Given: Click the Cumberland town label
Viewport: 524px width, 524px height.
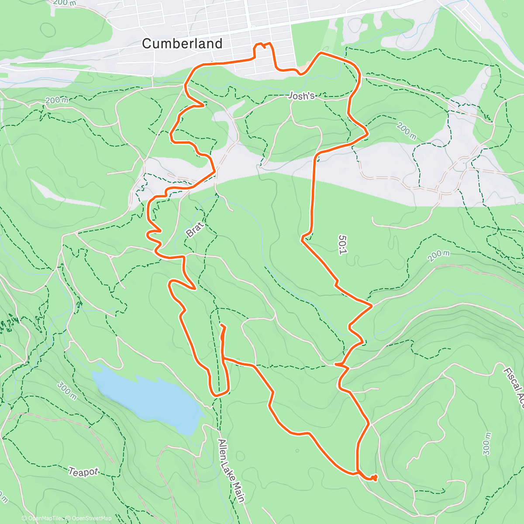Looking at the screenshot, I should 182,44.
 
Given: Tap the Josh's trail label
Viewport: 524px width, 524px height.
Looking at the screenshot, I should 302,96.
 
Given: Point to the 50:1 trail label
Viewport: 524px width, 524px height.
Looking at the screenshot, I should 343,245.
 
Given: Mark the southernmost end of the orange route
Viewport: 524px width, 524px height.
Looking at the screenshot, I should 375,479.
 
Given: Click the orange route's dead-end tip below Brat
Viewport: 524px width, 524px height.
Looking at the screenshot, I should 222,325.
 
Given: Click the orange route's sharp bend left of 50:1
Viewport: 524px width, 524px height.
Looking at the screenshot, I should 302,238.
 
